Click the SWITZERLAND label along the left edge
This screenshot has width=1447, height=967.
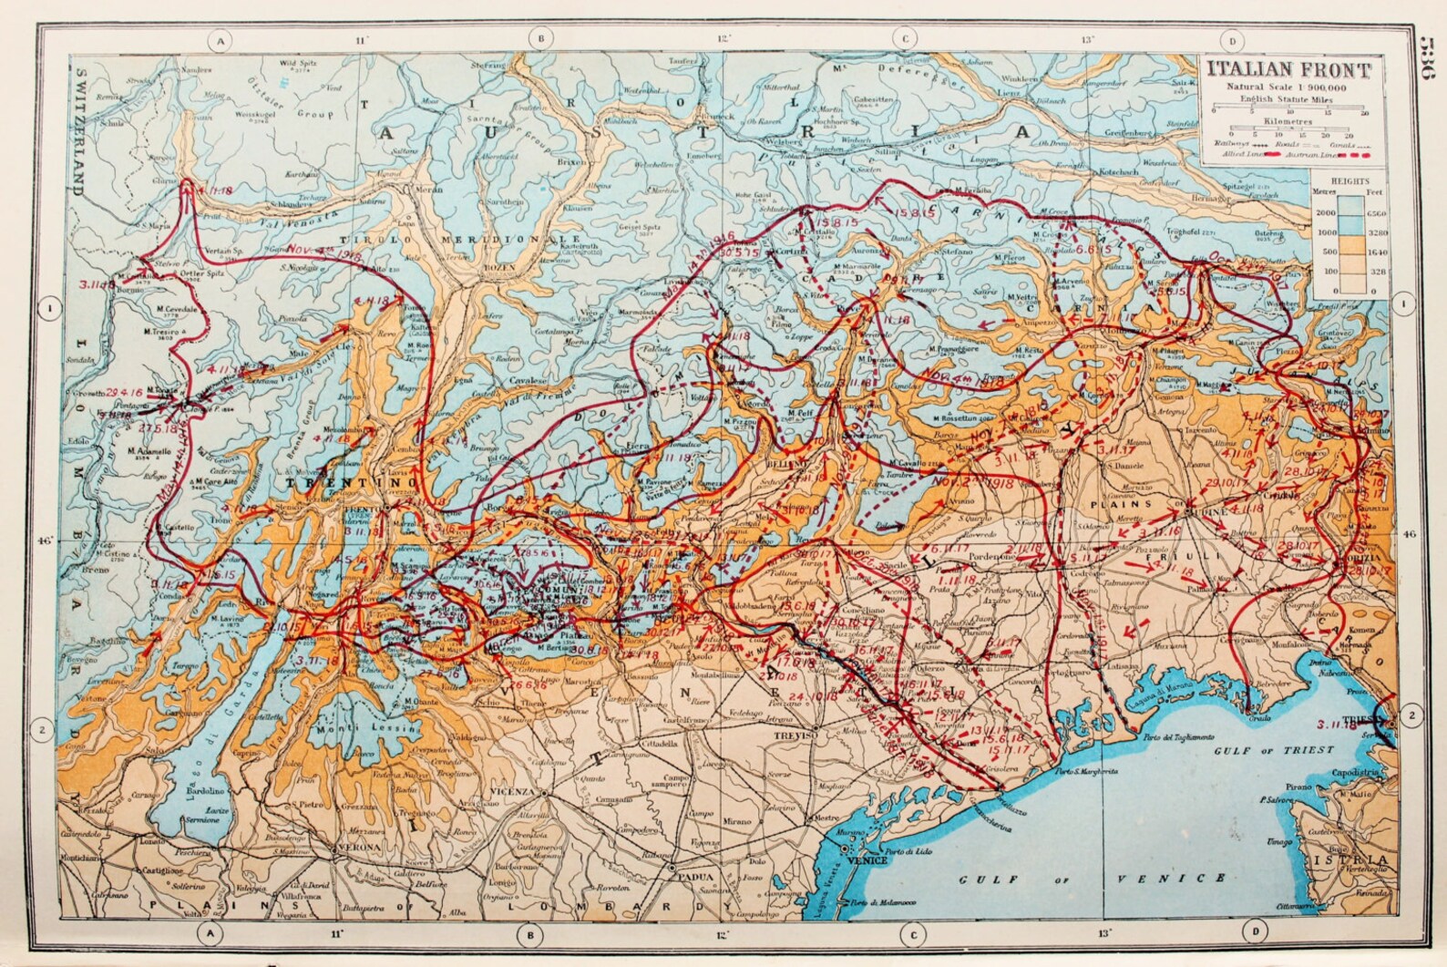click(79, 132)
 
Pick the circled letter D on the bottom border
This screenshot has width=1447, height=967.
click(1257, 932)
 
